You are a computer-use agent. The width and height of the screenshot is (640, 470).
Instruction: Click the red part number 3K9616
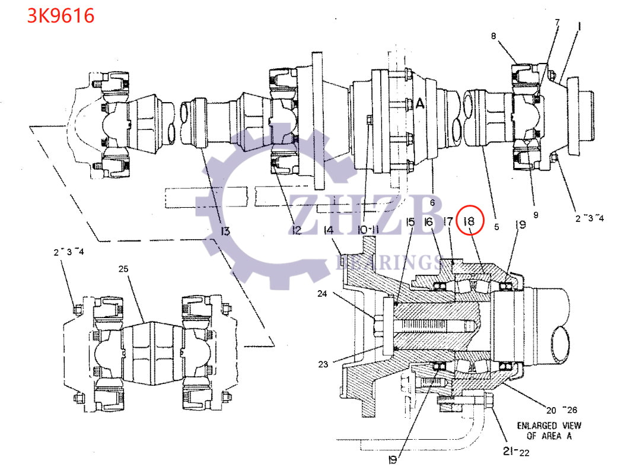[x=61, y=16]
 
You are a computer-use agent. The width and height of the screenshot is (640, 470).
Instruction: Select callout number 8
[x=493, y=36]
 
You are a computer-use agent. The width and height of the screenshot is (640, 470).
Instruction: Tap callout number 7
[x=557, y=22]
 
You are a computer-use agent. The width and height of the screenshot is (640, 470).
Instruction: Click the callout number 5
[x=496, y=226]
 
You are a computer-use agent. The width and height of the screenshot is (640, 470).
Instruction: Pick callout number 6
[x=432, y=203]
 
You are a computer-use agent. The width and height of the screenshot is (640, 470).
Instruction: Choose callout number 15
[x=410, y=222]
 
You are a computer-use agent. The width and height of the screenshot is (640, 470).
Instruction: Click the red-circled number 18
[x=470, y=221]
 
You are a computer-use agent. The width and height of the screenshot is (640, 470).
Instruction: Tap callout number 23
[x=323, y=364]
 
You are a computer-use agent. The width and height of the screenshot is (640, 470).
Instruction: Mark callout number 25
[x=123, y=269]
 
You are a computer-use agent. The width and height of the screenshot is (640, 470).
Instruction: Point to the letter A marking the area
[x=420, y=104]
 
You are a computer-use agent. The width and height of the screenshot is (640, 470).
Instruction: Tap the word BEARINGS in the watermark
[x=389, y=262]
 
